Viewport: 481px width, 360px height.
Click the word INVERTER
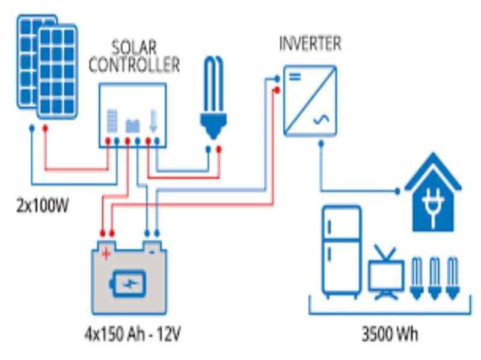coord(310,43)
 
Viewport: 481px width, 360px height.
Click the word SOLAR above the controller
coord(133,48)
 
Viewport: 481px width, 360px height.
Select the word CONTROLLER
coord(134,65)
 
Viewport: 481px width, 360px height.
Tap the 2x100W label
coord(42,205)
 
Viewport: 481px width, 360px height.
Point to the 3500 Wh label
coord(390,334)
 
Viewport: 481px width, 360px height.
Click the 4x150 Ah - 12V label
coord(132,334)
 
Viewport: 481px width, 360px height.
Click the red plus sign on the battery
coord(106,254)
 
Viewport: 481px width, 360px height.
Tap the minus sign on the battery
coord(152,252)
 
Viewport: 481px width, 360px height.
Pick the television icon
coord(386,273)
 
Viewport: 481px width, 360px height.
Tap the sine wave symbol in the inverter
coord(321,120)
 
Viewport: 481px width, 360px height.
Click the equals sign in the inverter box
coord(295,76)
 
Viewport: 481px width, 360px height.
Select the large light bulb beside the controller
coord(214,98)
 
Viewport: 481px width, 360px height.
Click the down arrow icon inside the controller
coord(153,121)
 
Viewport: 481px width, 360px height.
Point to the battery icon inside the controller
coord(133,126)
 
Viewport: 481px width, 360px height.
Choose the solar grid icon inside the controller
coord(112,121)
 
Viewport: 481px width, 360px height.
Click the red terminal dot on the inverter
coord(277,91)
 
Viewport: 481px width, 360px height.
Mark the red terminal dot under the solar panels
coord(46,128)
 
